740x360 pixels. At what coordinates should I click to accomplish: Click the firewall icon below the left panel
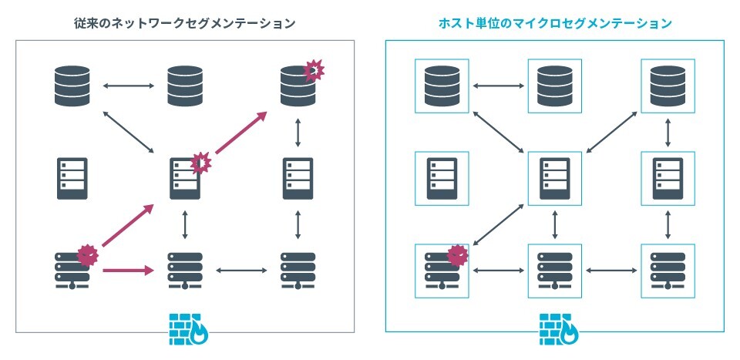click(x=188, y=329)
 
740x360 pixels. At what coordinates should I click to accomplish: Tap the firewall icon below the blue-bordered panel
click(x=559, y=329)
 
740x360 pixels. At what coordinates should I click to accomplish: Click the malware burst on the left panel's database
click(x=314, y=70)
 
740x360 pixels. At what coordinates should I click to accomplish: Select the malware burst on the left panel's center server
click(x=201, y=163)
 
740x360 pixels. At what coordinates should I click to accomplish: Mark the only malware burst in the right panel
click(x=457, y=255)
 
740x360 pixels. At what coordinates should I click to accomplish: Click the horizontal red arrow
click(x=129, y=271)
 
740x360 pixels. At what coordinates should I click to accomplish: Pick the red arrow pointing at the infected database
click(x=241, y=133)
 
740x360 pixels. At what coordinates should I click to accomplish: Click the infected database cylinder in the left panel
click(x=298, y=86)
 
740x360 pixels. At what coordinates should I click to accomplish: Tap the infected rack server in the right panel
click(x=442, y=271)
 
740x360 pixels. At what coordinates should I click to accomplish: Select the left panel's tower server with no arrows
click(x=72, y=178)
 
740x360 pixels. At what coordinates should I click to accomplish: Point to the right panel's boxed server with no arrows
click(x=442, y=178)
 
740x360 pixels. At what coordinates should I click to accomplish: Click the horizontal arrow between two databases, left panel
click(x=129, y=86)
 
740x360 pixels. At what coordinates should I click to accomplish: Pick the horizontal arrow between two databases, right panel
click(x=499, y=86)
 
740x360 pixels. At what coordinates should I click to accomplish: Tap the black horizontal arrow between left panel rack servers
click(x=241, y=271)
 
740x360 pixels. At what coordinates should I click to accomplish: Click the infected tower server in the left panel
click(x=185, y=178)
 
